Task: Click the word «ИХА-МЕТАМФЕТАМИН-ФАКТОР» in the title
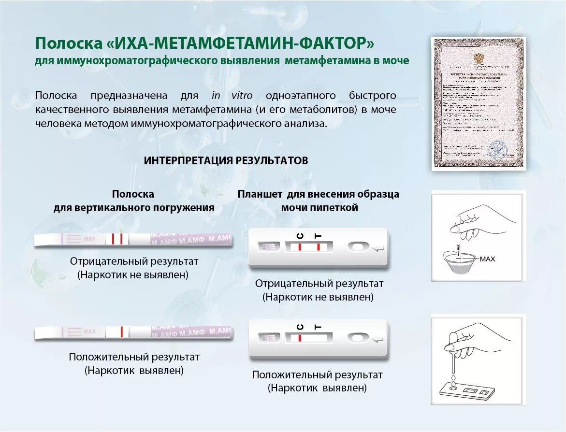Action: pos(239,43)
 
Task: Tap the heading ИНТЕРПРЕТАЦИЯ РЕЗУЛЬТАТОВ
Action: pos(226,161)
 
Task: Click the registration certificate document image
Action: pos(479,104)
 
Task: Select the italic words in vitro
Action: pos(232,96)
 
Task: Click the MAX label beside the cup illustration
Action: pos(487,259)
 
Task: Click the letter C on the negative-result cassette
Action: pos(300,235)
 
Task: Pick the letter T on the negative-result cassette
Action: pos(318,235)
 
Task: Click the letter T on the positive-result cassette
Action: pos(318,327)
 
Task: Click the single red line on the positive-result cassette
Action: pos(300,338)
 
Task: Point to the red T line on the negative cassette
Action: pos(319,247)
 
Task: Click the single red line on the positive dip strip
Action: pos(122,331)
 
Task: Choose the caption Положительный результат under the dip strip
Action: pos(134,358)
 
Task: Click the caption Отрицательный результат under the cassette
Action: pos(319,284)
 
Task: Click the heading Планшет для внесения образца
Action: pos(318,194)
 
